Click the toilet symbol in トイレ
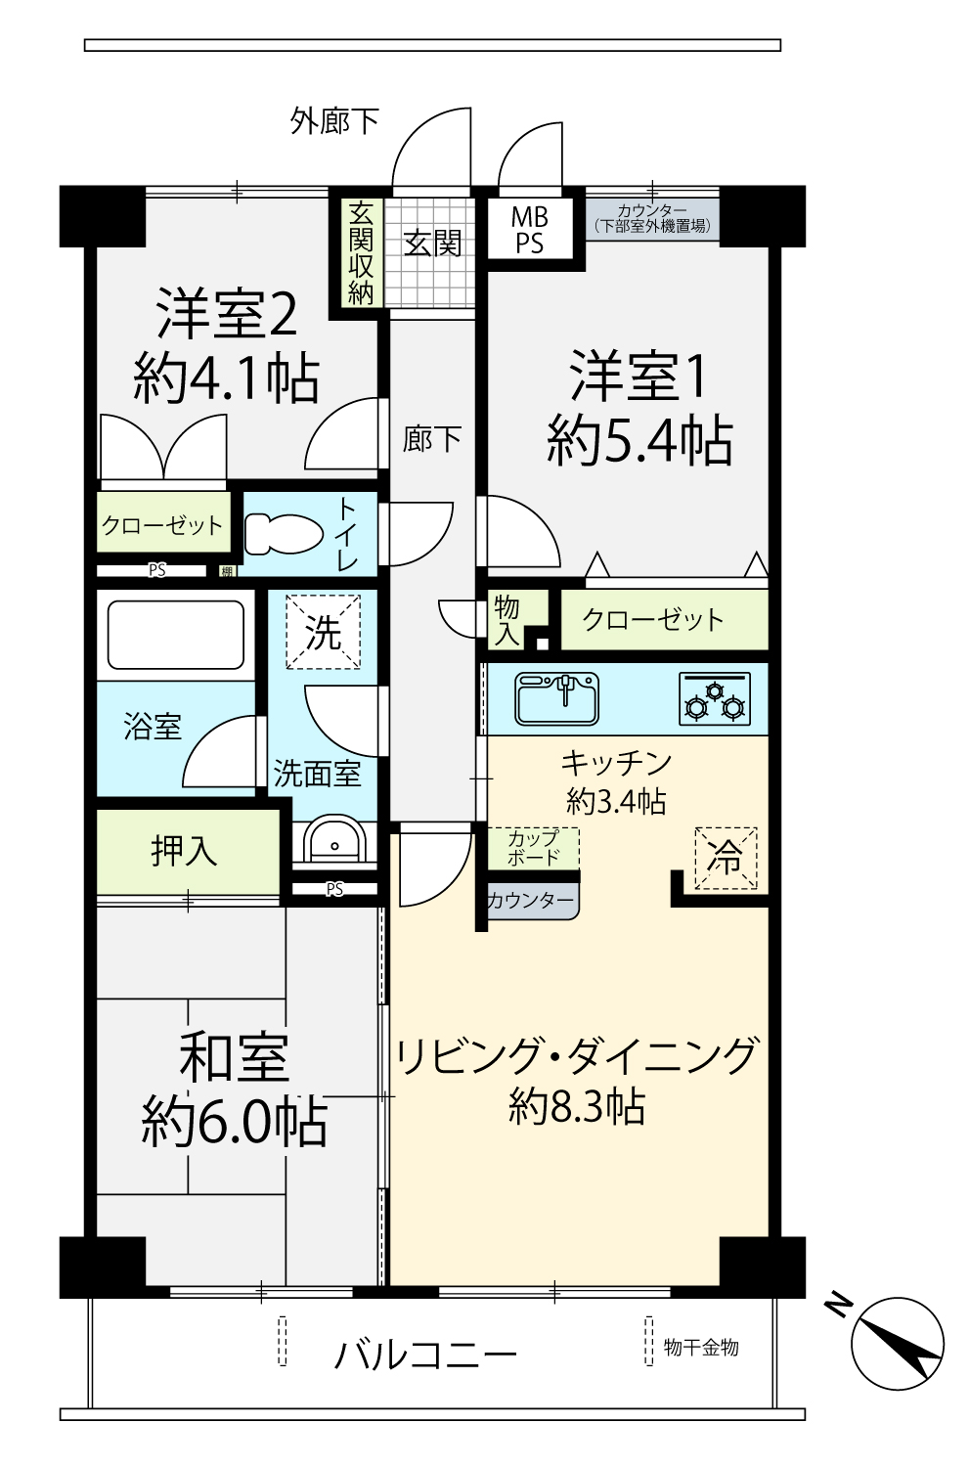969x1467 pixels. coord(283,534)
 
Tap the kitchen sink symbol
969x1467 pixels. coord(557,698)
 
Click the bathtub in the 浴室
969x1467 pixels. coord(175,635)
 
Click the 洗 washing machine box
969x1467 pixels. coord(324,633)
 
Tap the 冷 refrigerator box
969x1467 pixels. coord(726,858)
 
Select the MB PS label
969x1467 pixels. coord(529,230)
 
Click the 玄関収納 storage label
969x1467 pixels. coord(361,252)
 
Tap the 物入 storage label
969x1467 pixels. coord(507,619)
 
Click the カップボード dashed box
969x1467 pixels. coord(533,847)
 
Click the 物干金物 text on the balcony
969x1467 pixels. coord(701,1347)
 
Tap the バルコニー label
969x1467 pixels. coord(425,1354)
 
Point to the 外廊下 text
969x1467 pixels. coord(333,121)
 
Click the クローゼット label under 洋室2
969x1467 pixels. coord(162,525)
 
